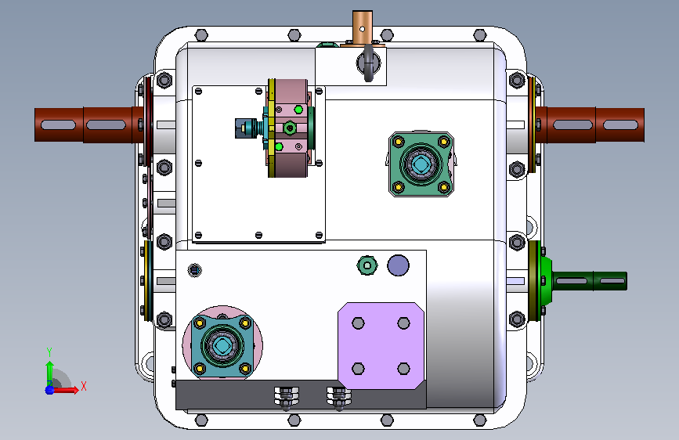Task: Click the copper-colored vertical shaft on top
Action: pyautogui.click(x=363, y=27)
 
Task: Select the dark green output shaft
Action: pyautogui.click(x=590, y=281)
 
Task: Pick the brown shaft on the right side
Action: pyautogui.click(x=590, y=124)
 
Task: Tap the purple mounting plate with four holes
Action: pyautogui.click(x=381, y=345)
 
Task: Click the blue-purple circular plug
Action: pyautogui.click(x=398, y=265)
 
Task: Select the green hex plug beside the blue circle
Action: pyautogui.click(x=367, y=265)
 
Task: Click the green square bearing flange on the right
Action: pyautogui.click(x=421, y=164)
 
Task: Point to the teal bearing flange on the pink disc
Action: pyautogui.click(x=222, y=345)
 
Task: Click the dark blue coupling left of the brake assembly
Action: pyautogui.click(x=243, y=128)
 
